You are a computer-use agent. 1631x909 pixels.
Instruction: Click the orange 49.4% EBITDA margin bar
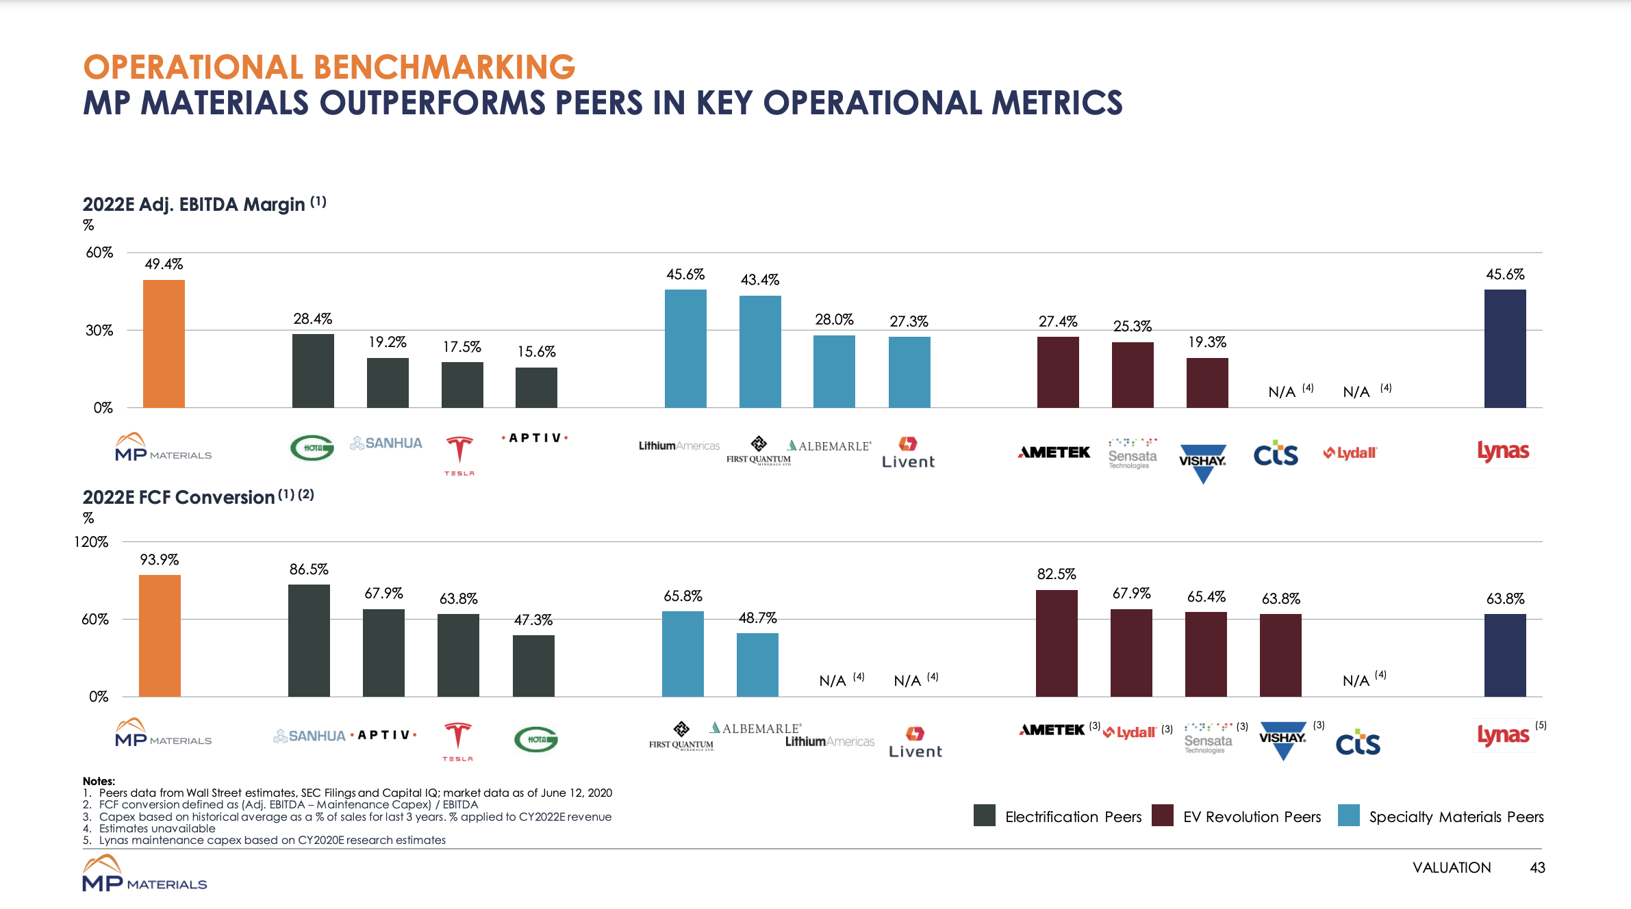pyautogui.click(x=164, y=344)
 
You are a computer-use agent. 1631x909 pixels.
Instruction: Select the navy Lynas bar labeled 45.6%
pyautogui.click(x=1504, y=348)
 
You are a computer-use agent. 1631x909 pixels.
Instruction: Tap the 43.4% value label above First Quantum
pyautogui.click(x=759, y=280)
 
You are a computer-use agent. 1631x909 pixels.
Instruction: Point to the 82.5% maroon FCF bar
pyautogui.click(x=1056, y=643)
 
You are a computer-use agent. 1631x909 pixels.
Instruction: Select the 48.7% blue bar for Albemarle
pyautogui.click(x=757, y=665)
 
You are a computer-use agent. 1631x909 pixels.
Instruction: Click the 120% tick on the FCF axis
pyautogui.click(x=91, y=542)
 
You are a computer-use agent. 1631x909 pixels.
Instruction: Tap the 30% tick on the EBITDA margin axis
pyautogui.click(x=99, y=331)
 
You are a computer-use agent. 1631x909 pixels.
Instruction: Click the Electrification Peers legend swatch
pyautogui.click(x=985, y=815)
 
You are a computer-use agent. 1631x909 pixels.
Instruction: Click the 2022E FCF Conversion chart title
pyautogui.click(x=179, y=498)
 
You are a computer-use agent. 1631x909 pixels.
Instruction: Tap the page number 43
pyautogui.click(x=1537, y=867)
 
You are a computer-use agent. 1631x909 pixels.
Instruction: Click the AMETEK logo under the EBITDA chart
pyautogui.click(x=1054, y=452)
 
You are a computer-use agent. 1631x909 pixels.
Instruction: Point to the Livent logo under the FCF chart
pyautogui.click(x=915, y=743)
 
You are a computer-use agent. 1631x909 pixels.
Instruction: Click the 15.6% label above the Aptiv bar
pyautogui.click(x=536, y=352)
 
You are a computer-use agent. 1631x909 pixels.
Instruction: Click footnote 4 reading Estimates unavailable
pyautogui.click(x=157, y=828)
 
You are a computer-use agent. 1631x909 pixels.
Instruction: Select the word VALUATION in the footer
pyautogui.click(x=1451, y=867)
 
